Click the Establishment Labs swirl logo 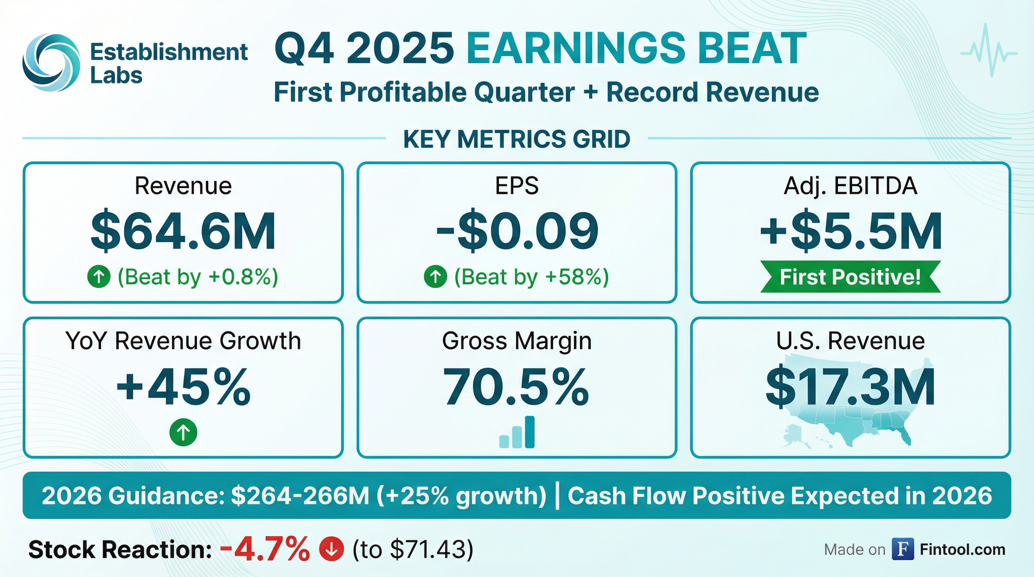pos(51,62)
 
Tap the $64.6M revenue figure pos(183,232)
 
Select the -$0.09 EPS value pos(517,232)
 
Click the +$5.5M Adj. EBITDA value pos(851,232)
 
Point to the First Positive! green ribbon pos(850,277)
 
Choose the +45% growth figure pos(183,388)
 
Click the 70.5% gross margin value pos(516,388)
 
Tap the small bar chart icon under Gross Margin pos(517,432)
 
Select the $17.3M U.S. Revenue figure pos(850,388)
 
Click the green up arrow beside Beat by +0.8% pos(99,276)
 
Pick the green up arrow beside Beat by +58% pos(435,276)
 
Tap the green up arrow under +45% pos(183,432)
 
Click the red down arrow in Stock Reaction pos(331,549)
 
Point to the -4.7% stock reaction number pos(265,549)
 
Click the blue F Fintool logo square pos(903,549)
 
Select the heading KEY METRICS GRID pos(517,139)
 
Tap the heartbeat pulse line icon pos(989,53)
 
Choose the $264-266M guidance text pos(300,495)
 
